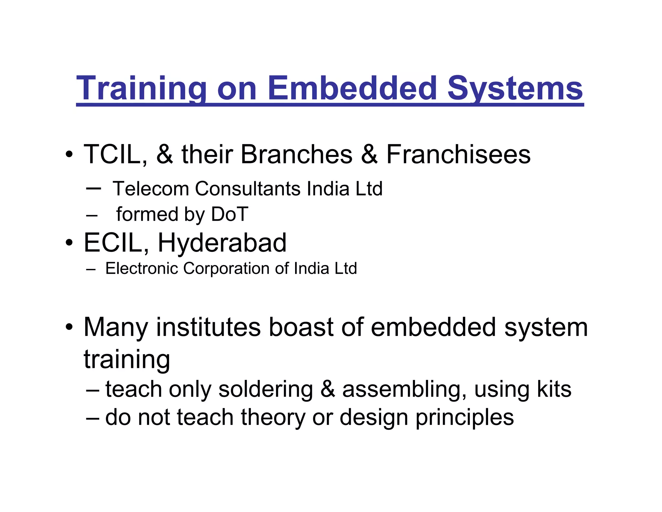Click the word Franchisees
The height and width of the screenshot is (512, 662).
[x=458, y=154]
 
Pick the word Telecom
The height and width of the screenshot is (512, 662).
[x=151, y=189]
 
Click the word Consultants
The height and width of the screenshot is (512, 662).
[x=248, y=189]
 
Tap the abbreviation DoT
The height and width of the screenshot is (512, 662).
[x=230, y=214]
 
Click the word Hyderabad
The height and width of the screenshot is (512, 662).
[x=222, y=243]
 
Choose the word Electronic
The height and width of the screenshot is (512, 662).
[x=141, y=269]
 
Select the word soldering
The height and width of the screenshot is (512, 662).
[x=266, y=390]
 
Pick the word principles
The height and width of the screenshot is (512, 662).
[x=464, y=418]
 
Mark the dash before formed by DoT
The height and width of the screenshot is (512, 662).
[x=92, y=215]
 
